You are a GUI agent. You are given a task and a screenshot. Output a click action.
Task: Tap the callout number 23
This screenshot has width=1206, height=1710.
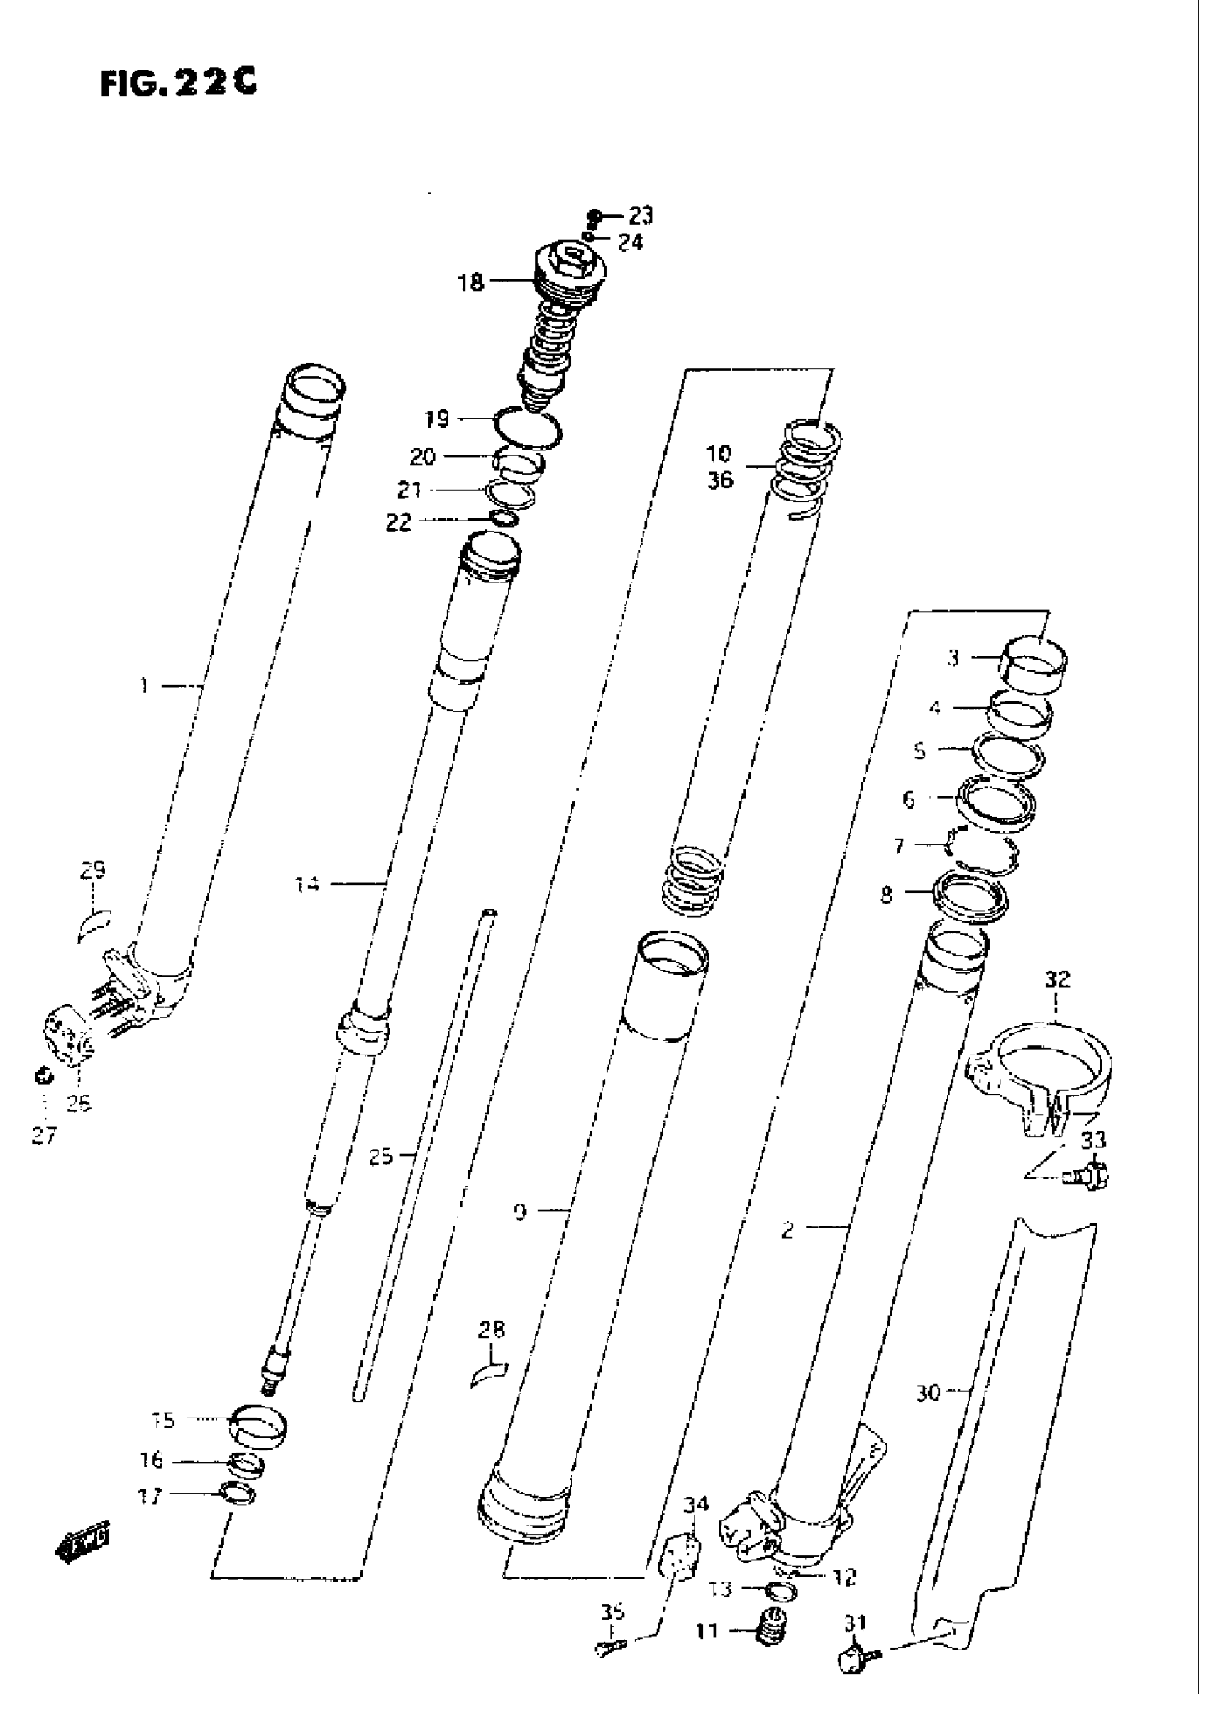(x=640, y=216)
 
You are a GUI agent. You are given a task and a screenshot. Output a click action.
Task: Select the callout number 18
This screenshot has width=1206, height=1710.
(x=471, y=283)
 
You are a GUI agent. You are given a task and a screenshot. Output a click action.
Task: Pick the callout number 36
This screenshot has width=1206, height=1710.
(x=719, y=480)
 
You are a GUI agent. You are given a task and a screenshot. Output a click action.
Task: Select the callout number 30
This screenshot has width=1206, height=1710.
(x=928, y=1392)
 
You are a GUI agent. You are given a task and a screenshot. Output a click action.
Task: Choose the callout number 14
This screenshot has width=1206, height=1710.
(x=307, y=885)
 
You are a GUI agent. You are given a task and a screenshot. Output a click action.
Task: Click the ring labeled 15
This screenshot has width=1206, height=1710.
(x=258, y=1425)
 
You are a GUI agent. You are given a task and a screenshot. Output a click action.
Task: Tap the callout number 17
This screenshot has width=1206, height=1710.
(x=150, y=1497)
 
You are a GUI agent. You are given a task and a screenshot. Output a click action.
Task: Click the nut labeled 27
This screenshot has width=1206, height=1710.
(x=43, y=1076)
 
